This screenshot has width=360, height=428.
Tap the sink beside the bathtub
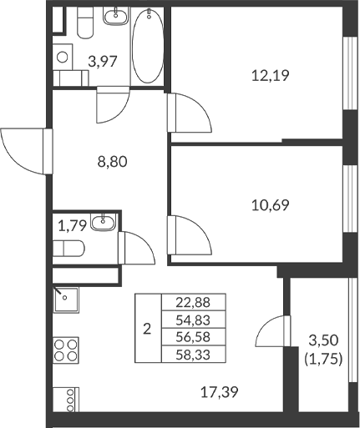pos(114,18)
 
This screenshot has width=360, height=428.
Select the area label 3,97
pos(102,60)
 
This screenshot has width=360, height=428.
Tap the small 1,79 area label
pos(70,224)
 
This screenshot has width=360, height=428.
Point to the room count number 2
pos(147,329)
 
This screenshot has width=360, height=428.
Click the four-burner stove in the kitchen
pos(66,348)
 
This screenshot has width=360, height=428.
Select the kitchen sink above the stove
pos(65,299)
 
